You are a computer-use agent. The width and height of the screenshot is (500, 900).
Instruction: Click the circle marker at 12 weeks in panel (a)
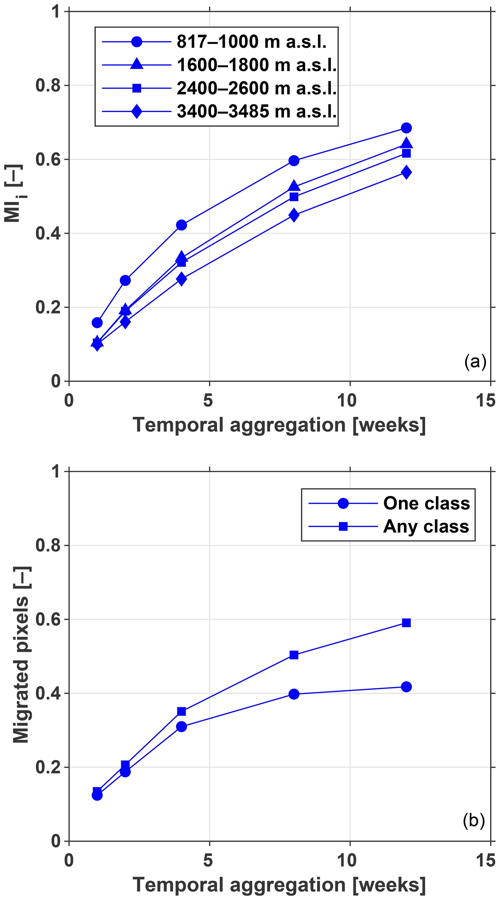406,128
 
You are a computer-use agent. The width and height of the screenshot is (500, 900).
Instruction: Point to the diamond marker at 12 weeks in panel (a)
406,172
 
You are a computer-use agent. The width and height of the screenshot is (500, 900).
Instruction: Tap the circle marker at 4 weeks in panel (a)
182,225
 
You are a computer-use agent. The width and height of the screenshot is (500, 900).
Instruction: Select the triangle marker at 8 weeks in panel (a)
294,186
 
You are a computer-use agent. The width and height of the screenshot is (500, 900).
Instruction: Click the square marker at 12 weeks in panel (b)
406,623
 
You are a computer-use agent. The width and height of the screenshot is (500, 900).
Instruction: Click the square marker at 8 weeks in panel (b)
294,655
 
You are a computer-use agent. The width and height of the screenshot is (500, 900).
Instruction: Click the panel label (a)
475,362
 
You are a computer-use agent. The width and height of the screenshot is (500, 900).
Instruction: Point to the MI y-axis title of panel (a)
14,194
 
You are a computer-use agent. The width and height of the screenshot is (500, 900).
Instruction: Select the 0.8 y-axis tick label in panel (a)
48,86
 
